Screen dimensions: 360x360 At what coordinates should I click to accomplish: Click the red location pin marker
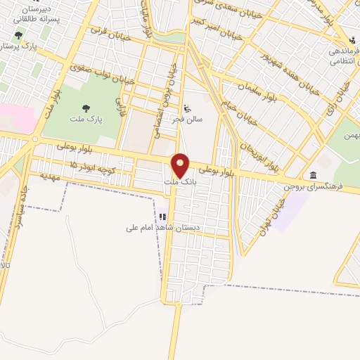point(181,165)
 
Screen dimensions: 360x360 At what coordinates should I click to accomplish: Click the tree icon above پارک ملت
point(86,108)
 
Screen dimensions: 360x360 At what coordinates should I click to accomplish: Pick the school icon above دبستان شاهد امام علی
point(163,217)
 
